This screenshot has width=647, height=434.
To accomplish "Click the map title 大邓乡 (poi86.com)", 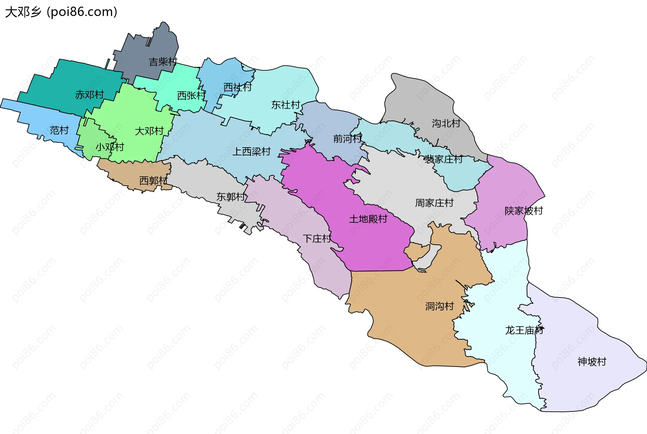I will [x=61, y=12].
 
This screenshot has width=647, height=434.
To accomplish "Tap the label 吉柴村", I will [x=163, y=62].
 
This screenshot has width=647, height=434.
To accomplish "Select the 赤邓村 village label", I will [x=89, y=95].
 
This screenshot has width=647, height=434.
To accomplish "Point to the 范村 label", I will [x=59, y=130].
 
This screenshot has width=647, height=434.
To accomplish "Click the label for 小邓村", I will [x=110, y=147].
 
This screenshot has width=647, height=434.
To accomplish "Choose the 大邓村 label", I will [x=149, y=131].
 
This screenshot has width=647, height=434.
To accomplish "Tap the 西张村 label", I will [x=191, y=96].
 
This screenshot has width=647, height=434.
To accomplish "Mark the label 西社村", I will [x=238, y=88].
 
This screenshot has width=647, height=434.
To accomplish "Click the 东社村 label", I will [x=286, y=105].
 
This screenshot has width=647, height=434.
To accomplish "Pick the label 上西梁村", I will [x=252, y=152].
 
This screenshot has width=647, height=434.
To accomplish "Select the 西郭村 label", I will [x=154, y=181].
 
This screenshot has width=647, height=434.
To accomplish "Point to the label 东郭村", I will [x=231, y=197].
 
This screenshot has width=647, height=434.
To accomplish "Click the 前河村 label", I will [x=347, y=138].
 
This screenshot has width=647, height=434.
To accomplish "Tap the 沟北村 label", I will [x=446, y=123].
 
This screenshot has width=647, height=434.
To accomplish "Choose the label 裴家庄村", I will [x=443, y=159].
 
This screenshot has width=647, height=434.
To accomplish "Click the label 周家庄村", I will [x=434, y=203].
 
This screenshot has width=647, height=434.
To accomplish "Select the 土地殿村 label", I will [x=368, y=219].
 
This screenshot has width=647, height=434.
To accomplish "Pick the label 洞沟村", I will [x=439, y=306].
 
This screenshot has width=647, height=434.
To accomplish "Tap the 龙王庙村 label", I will [x=524, y=330].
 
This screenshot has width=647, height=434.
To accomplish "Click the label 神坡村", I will [x=592, y=362].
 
